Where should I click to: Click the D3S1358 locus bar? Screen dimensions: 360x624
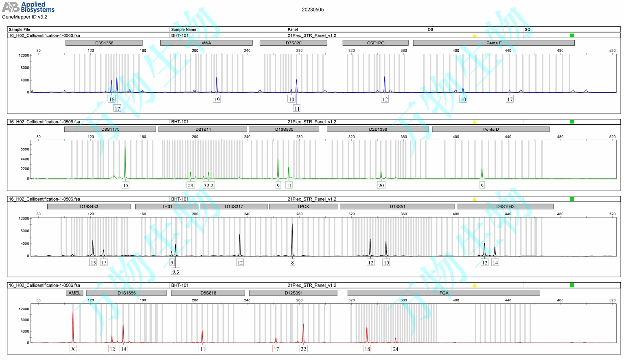tap(104, 43)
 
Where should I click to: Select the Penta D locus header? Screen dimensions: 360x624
tap(490, 129)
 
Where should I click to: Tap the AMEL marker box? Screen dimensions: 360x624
tap(74, 293)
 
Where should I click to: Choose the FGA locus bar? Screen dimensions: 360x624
tap(444, 293)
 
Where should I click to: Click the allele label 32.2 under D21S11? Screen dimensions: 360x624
tap(208, 185)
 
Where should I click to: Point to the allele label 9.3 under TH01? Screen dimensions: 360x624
tap(175, 272)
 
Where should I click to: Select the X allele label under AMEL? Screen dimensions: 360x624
tap(73, 349)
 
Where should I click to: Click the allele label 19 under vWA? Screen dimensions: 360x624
tap(217, 99)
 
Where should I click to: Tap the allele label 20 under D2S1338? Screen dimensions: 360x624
tap(381, 185)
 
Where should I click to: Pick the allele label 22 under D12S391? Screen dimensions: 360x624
tap(303, 349)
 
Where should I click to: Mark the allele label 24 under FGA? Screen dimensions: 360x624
tap(395, 349)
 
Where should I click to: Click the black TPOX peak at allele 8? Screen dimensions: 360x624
tap(292, 236)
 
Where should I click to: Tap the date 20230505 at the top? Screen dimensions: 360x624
tap(313, 10)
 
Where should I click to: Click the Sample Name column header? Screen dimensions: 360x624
tap(184, 29)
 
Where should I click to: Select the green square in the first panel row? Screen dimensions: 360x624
tap(572, 35)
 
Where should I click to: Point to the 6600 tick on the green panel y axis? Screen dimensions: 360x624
tap(24, 149)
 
